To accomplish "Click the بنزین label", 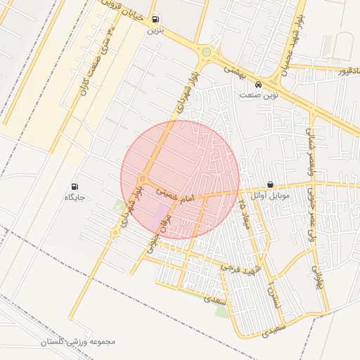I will click(x=155, y=30).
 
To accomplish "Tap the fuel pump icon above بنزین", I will click(x=155, y=20).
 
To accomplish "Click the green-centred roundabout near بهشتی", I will click(x=206, y=52).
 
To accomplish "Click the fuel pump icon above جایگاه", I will click(x=75, y=187).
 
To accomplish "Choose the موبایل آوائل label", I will click(x=271, y=195).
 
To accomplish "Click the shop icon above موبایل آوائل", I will click(x=271, y=184).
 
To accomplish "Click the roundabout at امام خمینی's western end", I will click(x=143, y=180).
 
